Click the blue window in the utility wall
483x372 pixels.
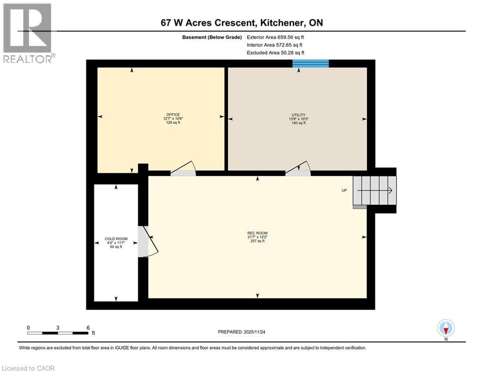311,63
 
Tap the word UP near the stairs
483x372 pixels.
344,190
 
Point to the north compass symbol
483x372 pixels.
445,328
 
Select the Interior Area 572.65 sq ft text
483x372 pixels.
275,45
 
